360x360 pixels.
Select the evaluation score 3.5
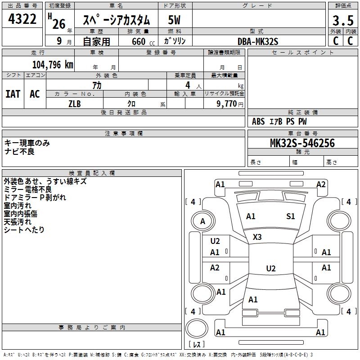point(342,20)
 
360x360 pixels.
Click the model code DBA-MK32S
point(258,41)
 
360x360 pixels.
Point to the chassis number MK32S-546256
point(302,143)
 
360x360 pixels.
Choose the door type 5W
point(174,20)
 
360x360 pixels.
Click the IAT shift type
point(13,94)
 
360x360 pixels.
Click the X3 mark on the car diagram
point(257,237)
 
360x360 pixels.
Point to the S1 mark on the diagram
point(291,216)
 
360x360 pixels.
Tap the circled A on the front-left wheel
point(203,221)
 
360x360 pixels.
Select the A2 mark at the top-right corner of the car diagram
point(321,184)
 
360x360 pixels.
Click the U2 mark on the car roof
point(270,269)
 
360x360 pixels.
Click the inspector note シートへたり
point(24,229)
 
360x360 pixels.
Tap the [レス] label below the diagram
point(198,345)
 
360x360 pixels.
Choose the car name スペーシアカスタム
point(116,20)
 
